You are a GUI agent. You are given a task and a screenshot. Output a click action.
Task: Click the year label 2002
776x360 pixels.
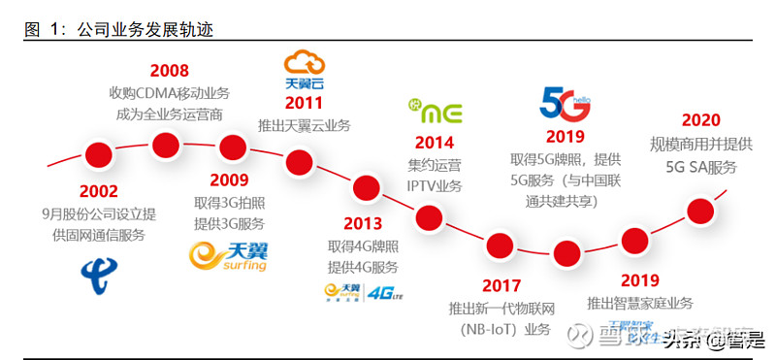coord(99,192)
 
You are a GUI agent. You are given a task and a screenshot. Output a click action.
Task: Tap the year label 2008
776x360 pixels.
coord(169,71)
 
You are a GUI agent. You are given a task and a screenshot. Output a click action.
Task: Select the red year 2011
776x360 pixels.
coord(304,103)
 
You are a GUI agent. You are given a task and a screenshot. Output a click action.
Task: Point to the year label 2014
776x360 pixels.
coord(434,143)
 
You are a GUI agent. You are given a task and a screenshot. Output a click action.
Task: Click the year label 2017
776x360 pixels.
coord(501,286)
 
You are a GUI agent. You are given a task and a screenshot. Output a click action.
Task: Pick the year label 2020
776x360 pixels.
coord(700,121)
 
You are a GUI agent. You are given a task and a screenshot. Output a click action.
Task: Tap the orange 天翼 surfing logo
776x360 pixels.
coord(228,255)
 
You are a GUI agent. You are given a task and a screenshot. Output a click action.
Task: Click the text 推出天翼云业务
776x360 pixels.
coord(304,125)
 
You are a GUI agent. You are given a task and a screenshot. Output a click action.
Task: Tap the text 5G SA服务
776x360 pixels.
coord(700,167)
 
